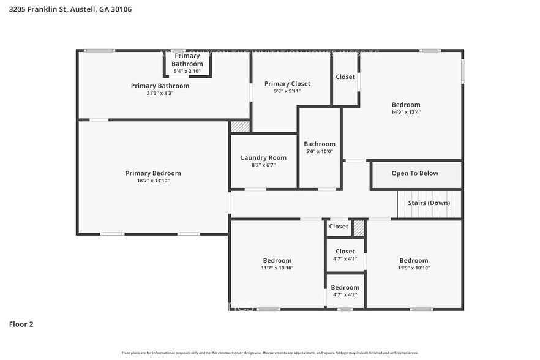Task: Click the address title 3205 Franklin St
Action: pos(70,9)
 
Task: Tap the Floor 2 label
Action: pos(21,324)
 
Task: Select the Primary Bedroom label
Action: pos(153,173)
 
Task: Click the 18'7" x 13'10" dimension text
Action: pos(153,181)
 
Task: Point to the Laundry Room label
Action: pos(263,157)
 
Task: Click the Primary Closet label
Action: pos(287,84)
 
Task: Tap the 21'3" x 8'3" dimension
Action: pos(160,93)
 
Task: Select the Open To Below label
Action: pos(414,173)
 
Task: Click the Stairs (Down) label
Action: pos(429,203)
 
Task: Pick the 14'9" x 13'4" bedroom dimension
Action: pos(406,112)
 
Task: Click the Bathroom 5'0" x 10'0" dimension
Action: pos(320,151)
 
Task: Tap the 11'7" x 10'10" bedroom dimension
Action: pos(277,268)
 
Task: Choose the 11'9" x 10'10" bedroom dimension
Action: pos(413,268)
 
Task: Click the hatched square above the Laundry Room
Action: pos(240,127)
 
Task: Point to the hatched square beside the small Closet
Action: pos(359,228)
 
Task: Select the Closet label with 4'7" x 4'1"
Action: pos(345,251)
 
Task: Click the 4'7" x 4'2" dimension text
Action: pos(345,294)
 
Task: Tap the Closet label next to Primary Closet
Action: pos(345,77)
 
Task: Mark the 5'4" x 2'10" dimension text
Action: pos(187,71)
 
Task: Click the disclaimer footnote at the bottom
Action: pos(270,353)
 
